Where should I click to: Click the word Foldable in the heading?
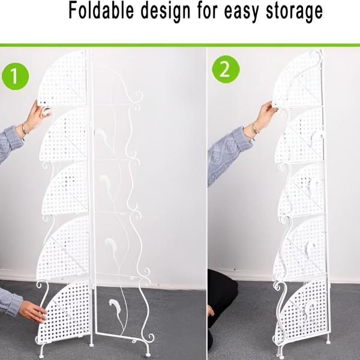(x=101, y=11)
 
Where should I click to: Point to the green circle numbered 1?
(x=16, y=76)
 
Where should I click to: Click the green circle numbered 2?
(x=226, y=69)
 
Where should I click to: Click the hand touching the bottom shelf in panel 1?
(x=33, y=311)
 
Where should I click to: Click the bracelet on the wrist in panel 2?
(x=254, y=130)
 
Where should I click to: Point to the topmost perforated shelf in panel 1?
(x=62, y=79)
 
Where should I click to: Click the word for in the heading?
(x=207, y=11)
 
